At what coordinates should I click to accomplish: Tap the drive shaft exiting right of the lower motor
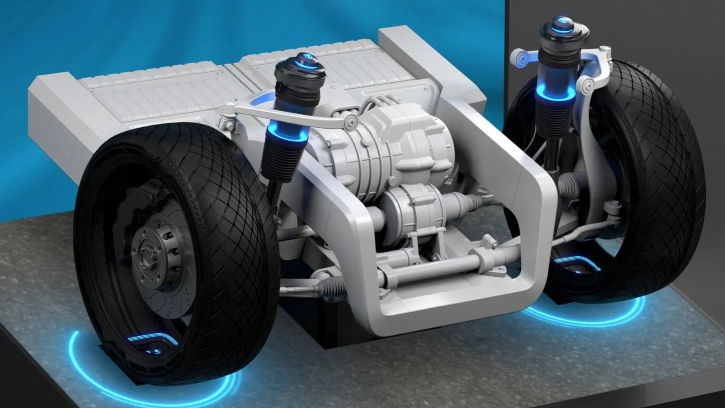coord(464,202)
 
